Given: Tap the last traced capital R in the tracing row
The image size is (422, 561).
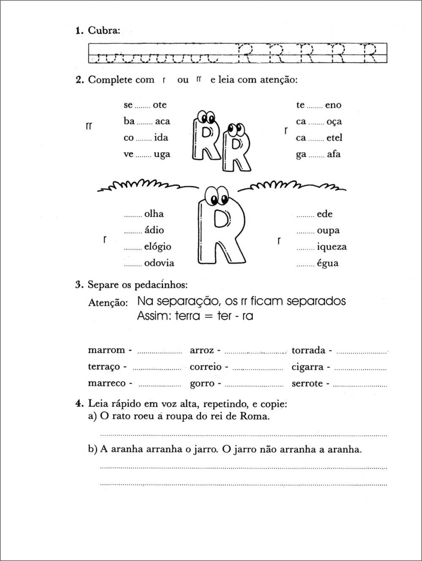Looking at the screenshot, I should click(x=370, y=53).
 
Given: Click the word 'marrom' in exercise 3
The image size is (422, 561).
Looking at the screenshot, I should click(x=106, y=350).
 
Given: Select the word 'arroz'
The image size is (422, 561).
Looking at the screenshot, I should click(x=202, y=350).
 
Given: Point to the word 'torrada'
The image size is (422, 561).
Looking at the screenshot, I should click(x=308, y=350).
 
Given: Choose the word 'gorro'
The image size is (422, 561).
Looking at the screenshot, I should click(x=202, y=384).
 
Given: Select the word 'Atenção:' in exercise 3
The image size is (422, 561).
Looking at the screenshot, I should click(x=108, y=303).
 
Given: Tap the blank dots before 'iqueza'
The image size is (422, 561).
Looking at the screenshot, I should click(x=306, y=248).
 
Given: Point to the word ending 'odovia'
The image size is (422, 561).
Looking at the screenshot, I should click(x=159, y=263).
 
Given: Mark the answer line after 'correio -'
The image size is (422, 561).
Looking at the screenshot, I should click(x=257, y=368).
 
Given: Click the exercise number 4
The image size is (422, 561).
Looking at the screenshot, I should click(x=78, y=404).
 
